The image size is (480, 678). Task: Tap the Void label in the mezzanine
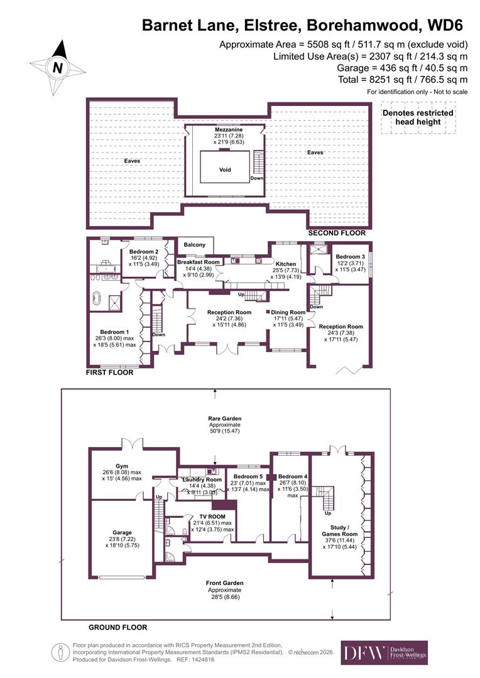click(x=225, y=169)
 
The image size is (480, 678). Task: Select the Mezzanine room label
click(x=225, y=129)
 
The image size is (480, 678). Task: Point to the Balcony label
click(x=194, y=244)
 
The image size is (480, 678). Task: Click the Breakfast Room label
click(x=198, y=262)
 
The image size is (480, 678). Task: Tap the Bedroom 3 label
click(x=350, y=257)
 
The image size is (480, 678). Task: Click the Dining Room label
click(x=288, y=312)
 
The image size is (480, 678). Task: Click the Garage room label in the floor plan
click(x=123, y=532)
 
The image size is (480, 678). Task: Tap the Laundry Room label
click(x=198, y=480)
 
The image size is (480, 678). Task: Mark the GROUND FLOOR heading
click(x=117, y=627)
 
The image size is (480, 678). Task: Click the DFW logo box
click(x=384, y=652)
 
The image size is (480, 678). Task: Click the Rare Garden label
click(x=225, y=418)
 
